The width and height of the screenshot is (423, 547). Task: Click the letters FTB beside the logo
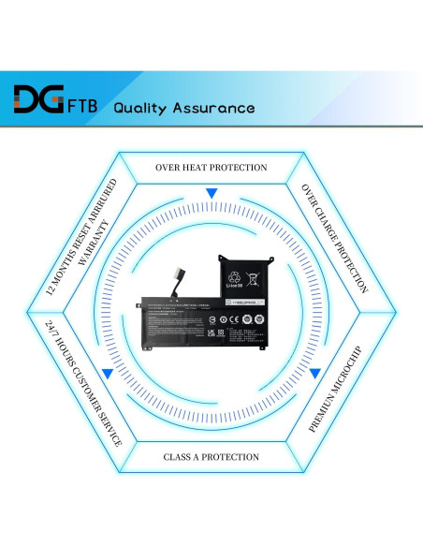(x=85, y=106)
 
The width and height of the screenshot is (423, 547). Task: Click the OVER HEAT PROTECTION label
(x=211, y=168)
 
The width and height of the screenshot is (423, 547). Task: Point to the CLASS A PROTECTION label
(x=211, y=457)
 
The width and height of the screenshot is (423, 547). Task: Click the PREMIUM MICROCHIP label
(x=334, y=387)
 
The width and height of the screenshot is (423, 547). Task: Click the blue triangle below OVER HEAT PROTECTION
(x=211, y=193)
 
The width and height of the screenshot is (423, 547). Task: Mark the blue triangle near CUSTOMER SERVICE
(x=108, y=373)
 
